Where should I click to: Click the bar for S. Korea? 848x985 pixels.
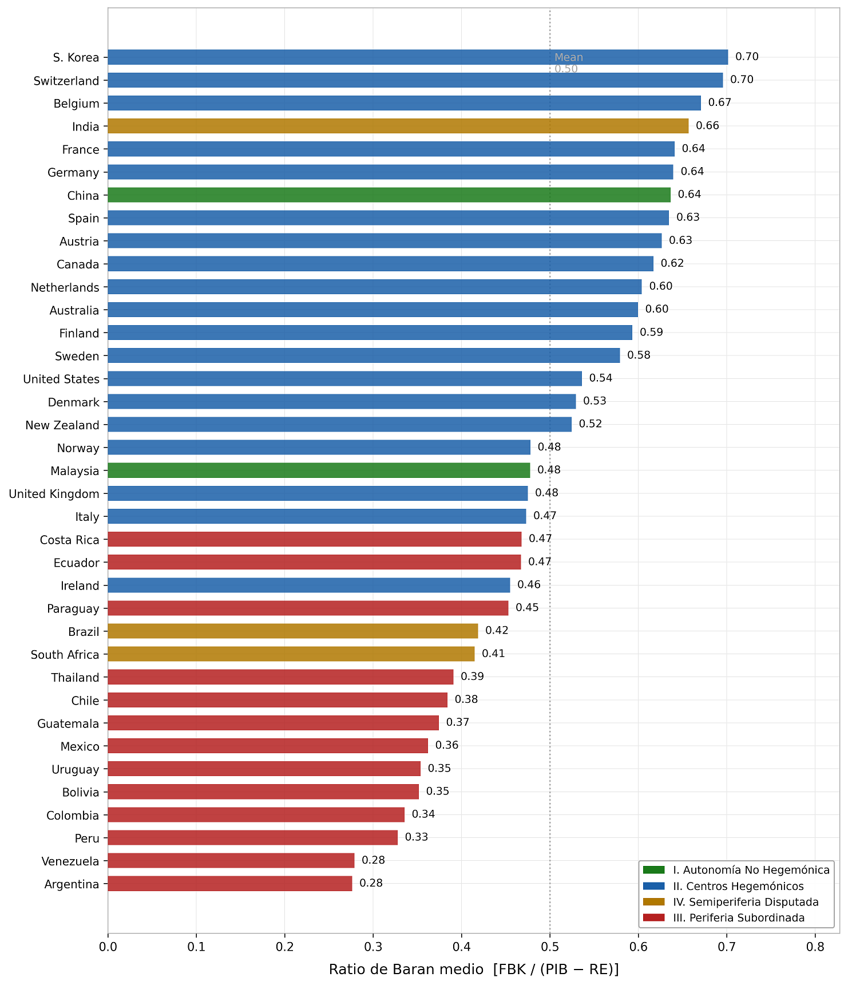pyautogui.click(x=418, y=57)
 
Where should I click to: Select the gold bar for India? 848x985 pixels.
pyautogui.click(x=398, y=126)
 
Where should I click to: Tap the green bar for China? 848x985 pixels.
pyautogui.click(x=389, y=195)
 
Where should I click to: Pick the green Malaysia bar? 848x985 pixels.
pyautogui.click(x=319, y=470)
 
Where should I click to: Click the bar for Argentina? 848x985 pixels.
pyautogui.click(x=230, y=884)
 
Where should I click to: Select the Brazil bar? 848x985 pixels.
pyautogui.click(x=293, y=631)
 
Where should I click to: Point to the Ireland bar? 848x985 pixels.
pyautogui.click(x=309, y=586)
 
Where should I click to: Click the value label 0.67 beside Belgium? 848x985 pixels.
pyautogui.click(x=720, y=103)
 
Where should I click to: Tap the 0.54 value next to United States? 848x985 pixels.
pyautogui.click(x=601, y=378)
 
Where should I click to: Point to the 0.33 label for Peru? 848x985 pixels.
pyautogui.click(x=417, y=837)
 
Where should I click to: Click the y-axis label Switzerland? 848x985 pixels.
pyautogui.click(x=66, y=81)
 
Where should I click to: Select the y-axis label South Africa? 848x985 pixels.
pyautogui.click(x=65, y=655)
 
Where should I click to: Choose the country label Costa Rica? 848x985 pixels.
pyautogui.click(x=70, y=540)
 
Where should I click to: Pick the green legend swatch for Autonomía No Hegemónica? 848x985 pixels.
pyautogui.click(x=654, y=870)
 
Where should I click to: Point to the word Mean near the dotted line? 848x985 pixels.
pyautogui.click(x=569, y=57)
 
